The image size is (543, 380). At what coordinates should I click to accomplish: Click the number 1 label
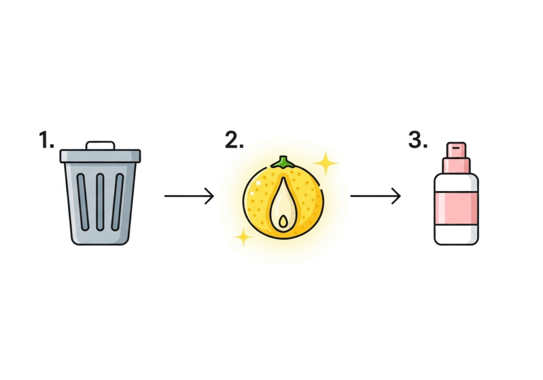pos(46,140)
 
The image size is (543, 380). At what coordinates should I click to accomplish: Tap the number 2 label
pos(234,140)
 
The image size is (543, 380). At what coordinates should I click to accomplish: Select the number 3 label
pos(418,140)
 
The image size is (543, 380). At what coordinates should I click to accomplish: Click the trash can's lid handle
pos(100,145)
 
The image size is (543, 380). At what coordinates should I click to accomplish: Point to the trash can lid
pos(100,155)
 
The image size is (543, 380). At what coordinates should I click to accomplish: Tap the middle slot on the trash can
pos(100,201)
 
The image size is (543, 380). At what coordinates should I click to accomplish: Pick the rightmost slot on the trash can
pos(118,201)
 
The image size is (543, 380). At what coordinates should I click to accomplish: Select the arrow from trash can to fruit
pos(189,197)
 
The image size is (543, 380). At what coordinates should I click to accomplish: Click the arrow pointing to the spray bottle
pos(375,197)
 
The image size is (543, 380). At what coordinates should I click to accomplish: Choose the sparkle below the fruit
pos(243,236)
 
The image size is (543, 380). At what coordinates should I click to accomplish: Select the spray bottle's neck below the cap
pos(456,165)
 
